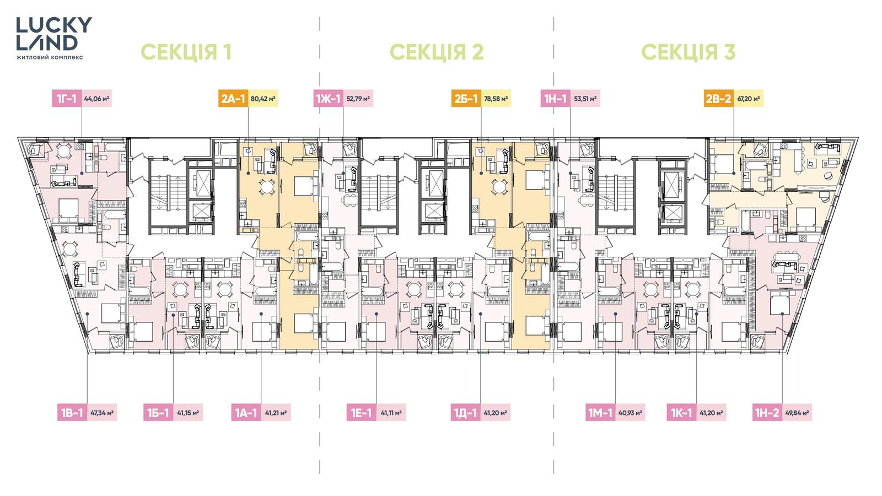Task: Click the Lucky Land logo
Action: point(54,38)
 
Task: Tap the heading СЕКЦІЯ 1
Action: point(186,52)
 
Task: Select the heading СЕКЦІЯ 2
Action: point(437,52)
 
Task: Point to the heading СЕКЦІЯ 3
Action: point(689,52)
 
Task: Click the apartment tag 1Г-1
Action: point(67,99)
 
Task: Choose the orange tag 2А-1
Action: point(233,99)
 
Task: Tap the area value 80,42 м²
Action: point(263,99)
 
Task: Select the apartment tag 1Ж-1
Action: point(329,99)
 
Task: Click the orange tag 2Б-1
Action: point(466,99)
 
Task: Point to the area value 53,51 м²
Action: point(585,99)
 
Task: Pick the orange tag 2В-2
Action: point(719,99)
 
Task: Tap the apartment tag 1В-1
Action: point(72,413)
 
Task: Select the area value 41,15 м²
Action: point(188,413)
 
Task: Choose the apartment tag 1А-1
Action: point(246,413)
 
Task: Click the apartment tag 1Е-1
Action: point(362,413)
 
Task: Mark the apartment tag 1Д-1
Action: point(465,413)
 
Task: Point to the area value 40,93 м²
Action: point(631,413)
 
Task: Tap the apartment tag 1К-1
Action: point(681,413)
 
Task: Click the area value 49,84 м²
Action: point(797,413)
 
